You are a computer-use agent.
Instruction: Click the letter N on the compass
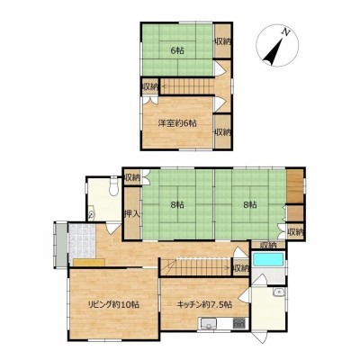(x=286, y=31)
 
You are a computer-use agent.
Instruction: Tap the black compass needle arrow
(x=274, y=52)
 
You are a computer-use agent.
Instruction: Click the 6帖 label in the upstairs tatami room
(x=177, y=50)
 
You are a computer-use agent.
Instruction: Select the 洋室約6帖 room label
(x=177, y=123)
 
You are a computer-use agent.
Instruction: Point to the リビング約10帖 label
(x=113, y=305)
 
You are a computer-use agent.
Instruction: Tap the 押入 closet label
(x=132, y=214)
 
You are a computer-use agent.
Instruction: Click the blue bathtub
(x=268, y=259)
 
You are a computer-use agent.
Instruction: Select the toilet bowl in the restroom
(x=113, y=187)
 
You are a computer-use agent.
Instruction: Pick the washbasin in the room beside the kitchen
(x=279, y=292)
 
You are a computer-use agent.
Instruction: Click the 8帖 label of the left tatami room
(x=177, y=205)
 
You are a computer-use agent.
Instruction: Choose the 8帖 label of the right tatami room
(x=250, y=205)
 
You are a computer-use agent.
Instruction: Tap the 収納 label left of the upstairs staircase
(x=149, y=87)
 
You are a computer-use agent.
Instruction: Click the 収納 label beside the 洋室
(x=222, y=132)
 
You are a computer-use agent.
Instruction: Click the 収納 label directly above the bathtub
(x=268, y=245)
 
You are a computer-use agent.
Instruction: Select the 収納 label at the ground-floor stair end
(x=241, y=268)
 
